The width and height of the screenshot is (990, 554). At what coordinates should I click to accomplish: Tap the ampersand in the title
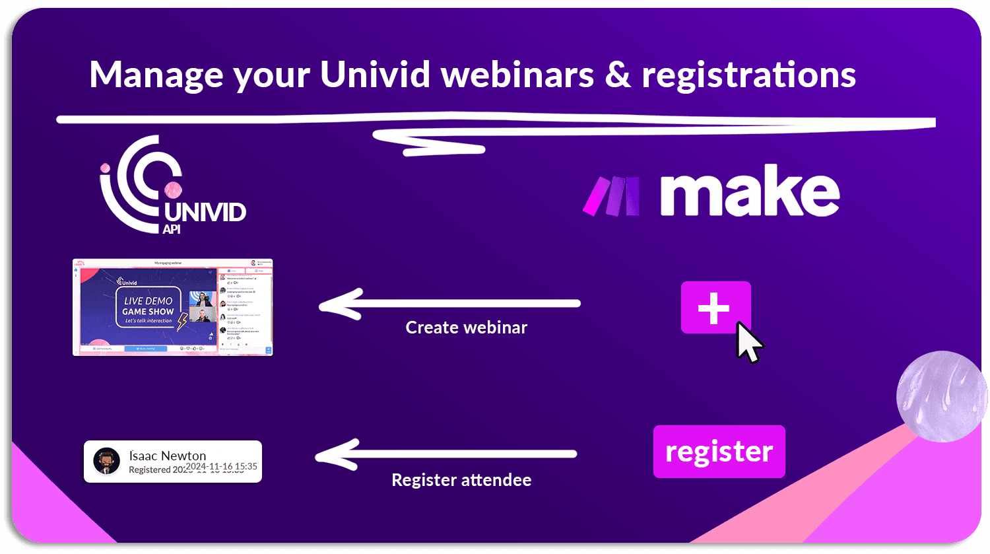[617, 74]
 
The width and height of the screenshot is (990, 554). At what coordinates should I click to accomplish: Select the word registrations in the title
[749, 75]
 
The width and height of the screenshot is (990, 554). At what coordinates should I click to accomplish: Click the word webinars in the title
[517, 74]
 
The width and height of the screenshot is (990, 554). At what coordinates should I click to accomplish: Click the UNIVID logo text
[205, 213]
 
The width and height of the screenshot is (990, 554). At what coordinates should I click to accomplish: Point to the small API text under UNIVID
[172, 230]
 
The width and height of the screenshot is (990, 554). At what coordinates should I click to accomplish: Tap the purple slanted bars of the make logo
[611, 196]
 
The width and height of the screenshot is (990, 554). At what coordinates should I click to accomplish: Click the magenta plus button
[715, 308]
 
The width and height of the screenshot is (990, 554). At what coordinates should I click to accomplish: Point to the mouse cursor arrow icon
[748, 341]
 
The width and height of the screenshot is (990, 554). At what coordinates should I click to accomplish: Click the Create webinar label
[466, 328]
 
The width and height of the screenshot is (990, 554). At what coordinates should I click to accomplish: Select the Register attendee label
[461, 480]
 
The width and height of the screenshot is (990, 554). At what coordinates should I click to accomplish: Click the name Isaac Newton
[168, 456]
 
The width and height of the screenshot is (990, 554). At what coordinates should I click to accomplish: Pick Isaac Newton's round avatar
[107, 462]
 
